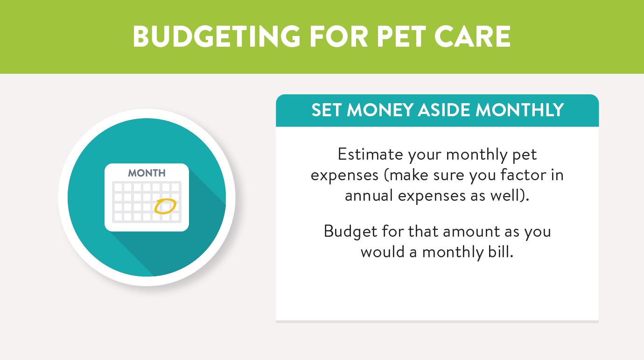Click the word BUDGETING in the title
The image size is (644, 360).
tap(217, 36)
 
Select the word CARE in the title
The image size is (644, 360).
tap(473, 36)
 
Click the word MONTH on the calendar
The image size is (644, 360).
tap(147, 173)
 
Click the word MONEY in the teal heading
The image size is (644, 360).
tap(380, 110)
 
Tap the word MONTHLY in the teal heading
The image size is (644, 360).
tap(519, 110)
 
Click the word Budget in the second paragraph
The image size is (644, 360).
tap(350, 232)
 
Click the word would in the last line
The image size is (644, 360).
tap(383, 252)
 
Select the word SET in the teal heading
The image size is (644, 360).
tap(327, 110)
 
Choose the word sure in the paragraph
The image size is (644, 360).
tap(448, 175)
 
